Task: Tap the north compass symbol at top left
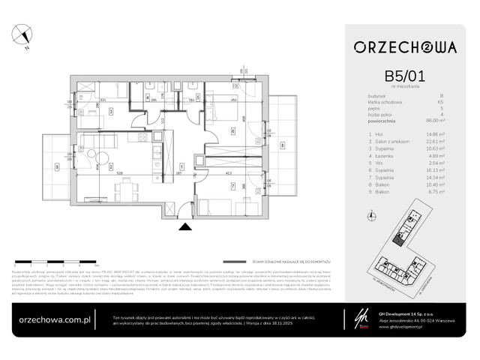(26, 35)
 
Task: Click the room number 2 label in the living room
(110, 166)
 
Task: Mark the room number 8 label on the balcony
(282, 145)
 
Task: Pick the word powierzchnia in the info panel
(392, 120)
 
